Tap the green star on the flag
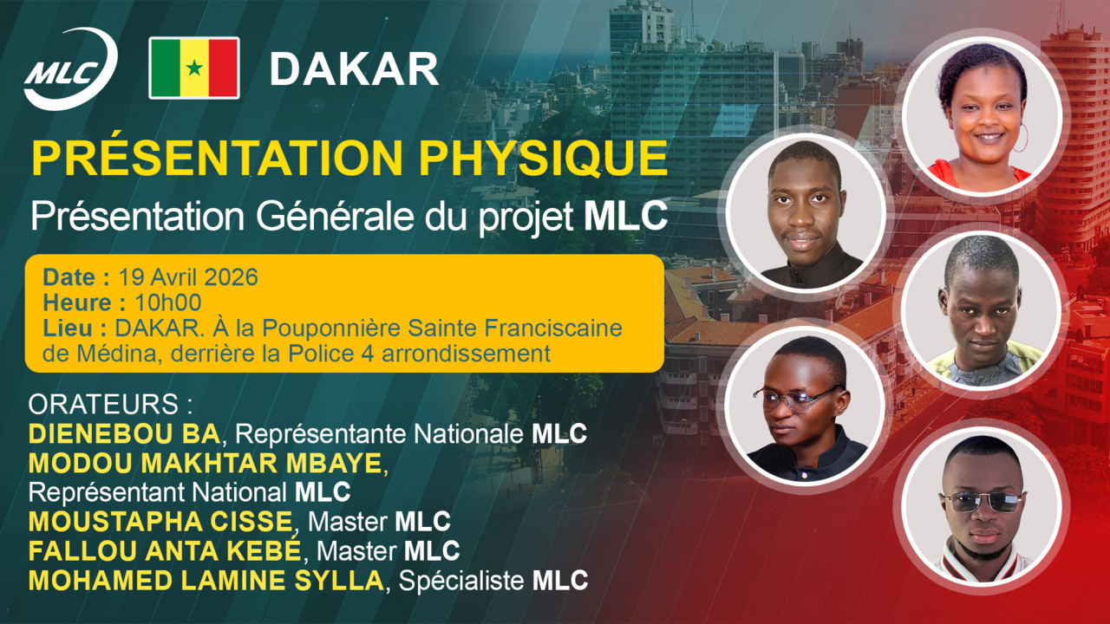point(194,68)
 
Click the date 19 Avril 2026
point(188,277)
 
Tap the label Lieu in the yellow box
point(73,328)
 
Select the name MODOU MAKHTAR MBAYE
point(205,464)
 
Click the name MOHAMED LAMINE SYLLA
point(205,580)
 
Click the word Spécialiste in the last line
point(462,580)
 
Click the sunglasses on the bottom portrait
point(983,501)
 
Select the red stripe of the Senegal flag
point(224,68)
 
